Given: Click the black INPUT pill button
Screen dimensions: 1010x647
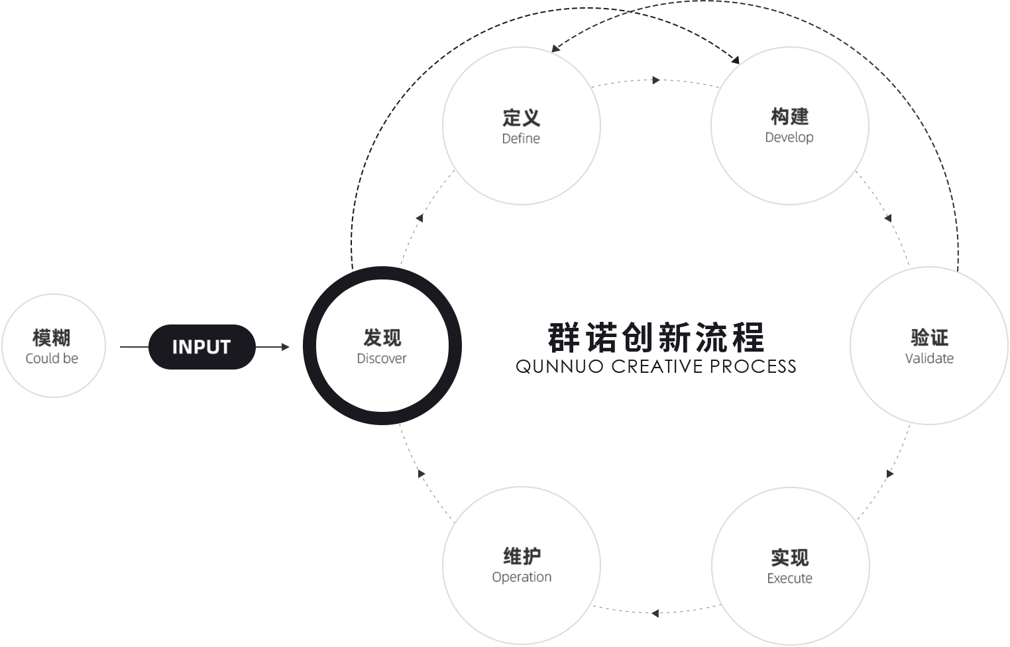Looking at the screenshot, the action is [x=202, y=347].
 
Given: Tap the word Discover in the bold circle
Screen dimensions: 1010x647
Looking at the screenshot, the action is [x=382, y=358].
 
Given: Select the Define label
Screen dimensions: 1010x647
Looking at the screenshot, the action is [x=521, y=138].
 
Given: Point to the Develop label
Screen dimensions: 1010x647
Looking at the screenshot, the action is [x=789, y=138].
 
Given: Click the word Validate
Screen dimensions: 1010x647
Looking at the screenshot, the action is [x=929, y=358].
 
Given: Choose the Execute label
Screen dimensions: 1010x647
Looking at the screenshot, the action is [x=789, y=578].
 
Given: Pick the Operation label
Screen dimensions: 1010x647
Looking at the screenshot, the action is [x=522, y=577].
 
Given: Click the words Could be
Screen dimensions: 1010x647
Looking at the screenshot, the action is [x=52, y=358].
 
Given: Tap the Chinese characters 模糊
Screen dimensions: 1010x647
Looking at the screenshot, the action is [x=52, y=338].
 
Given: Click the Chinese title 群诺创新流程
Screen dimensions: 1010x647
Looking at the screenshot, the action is [x=656, y=338].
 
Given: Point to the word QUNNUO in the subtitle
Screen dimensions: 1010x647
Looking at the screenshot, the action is [x=559, y=367].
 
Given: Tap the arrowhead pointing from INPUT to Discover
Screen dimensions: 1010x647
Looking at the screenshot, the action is [x=286, y=347].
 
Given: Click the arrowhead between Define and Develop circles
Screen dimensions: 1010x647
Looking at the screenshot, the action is [x=656, y=80].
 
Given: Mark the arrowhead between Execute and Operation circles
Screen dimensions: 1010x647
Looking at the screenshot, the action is [x=655, y=613].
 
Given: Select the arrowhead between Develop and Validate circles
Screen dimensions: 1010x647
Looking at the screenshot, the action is [x=888, y=218].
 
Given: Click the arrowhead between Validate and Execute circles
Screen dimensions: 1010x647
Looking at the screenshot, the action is [x=890, y=473].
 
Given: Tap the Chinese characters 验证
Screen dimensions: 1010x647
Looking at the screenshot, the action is [x=929, y=338].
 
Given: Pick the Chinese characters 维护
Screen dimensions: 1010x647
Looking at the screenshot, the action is [x=522, y=556].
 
